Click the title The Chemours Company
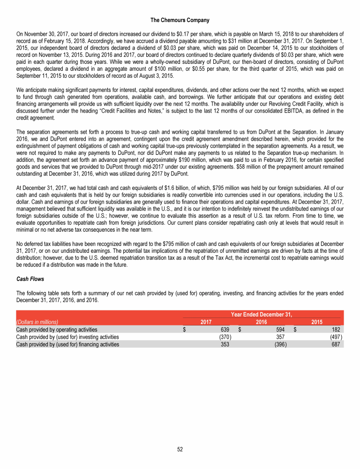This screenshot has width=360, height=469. tap(180, 20)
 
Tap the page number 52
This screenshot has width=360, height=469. tap(180, 449)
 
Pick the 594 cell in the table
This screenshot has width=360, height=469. tap(281, 330)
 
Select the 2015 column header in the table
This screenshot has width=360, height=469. tap(317, 322)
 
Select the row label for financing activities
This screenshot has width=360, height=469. tap(67, 344)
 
